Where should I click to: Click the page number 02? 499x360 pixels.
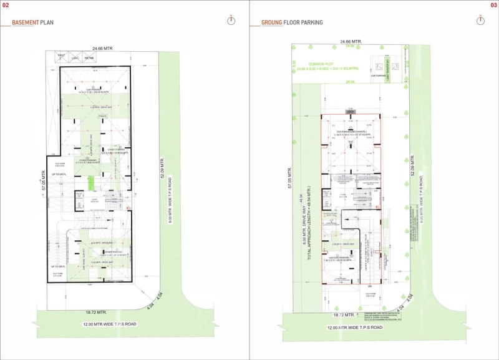[x=6, y=5]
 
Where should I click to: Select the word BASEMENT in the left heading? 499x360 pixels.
[x=26, y=22]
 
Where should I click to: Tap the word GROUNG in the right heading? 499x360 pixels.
[x=271, y=22]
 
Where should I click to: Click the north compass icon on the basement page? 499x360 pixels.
[x=231, y=20]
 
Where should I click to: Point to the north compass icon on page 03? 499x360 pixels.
[x=480, y=20]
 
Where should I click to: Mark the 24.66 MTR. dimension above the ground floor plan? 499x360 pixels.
[x=351, y=42]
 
